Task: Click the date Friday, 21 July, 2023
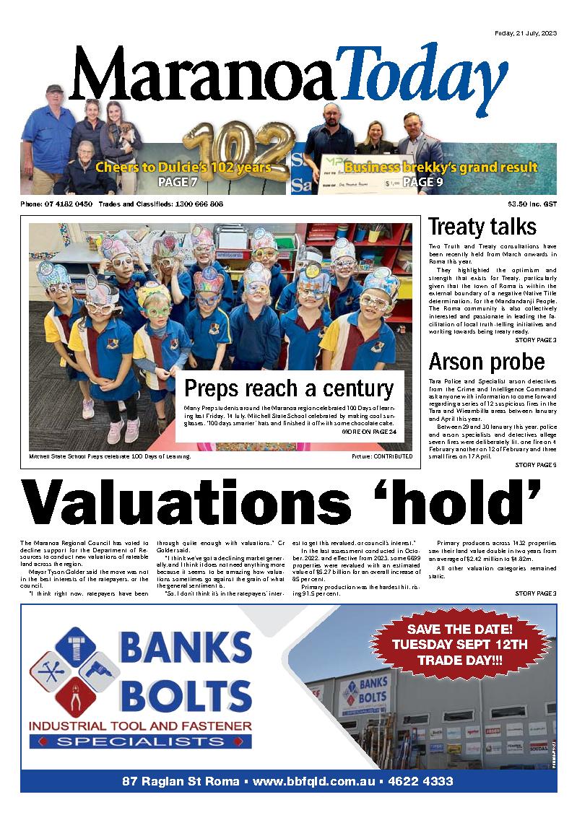525,33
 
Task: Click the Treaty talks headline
482,227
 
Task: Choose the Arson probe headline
487,361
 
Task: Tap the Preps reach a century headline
290,388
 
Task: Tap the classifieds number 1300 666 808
196,204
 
